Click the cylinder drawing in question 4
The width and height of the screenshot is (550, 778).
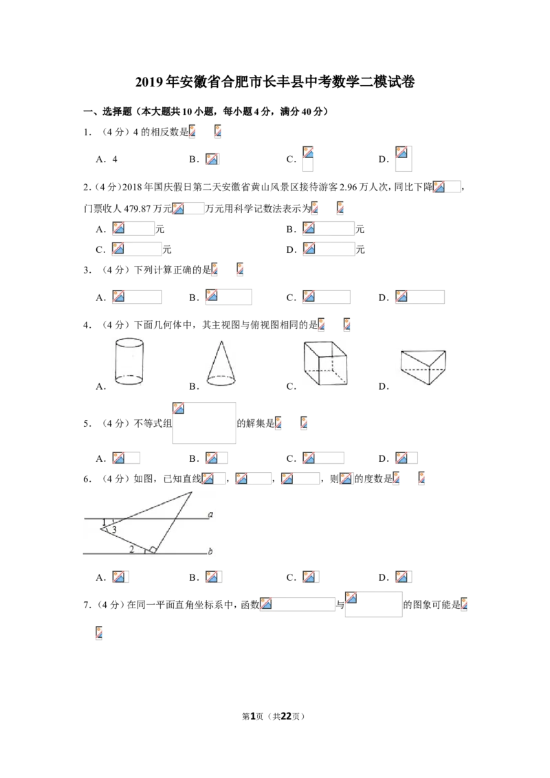coord(129,362)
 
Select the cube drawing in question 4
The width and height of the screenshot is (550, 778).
coord(325,363)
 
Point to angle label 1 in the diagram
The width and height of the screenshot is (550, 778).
coord(104,522)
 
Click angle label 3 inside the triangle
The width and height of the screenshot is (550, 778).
coord(114,530)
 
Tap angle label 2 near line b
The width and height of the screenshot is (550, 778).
coord(131,548)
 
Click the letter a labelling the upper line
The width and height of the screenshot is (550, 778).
coord(210,515)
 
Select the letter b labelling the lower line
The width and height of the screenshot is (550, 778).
coord(210,551)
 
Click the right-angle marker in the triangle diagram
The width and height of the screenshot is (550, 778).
coord(153,549)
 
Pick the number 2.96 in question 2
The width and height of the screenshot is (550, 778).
coord(349,187)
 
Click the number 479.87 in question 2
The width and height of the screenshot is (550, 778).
coord(137,208)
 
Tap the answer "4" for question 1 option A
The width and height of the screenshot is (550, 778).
coord(115,159)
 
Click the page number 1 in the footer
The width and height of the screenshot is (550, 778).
coord(253,716)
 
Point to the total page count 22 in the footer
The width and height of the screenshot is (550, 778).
coord(286,716)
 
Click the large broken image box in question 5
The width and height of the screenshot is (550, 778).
coord(204,423)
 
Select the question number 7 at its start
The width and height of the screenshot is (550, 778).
coord(87,604)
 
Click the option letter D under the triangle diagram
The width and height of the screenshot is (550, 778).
coord(383,577)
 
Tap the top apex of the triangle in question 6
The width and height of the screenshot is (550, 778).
coord(192,492)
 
